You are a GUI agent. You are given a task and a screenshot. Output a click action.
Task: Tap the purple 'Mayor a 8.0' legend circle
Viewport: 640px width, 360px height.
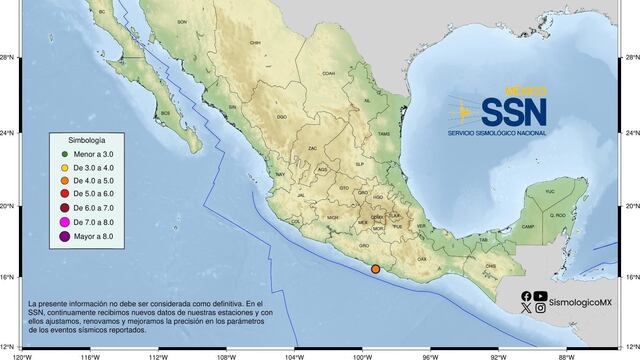coord(63,237)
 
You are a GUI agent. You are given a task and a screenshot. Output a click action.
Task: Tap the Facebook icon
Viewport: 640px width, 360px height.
coord(526,296)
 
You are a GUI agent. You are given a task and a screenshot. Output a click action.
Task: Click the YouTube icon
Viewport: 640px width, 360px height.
coord(541,296)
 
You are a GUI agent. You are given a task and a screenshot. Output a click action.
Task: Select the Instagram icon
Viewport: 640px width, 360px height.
coord(541,309)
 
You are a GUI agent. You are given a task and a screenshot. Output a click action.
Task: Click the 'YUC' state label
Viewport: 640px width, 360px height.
coord(548,189)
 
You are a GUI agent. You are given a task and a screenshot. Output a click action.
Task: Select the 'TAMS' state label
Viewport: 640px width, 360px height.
coord(383,133)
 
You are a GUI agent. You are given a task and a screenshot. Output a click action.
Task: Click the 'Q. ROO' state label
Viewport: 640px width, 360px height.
coord(558,214)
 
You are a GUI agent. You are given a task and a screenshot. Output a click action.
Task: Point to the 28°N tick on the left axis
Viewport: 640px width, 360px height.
coord(8,58)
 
